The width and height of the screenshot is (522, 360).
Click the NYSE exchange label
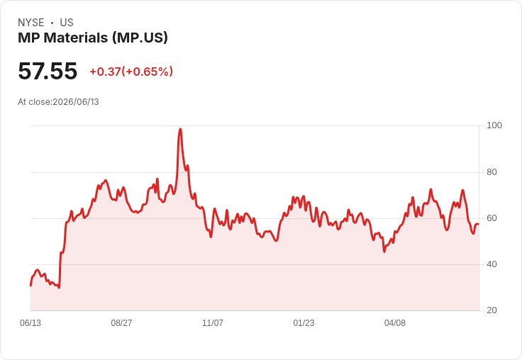31,23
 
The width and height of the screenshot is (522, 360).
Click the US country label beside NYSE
67,23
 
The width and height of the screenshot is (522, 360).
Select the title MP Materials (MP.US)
93,38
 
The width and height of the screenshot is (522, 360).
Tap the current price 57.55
48,71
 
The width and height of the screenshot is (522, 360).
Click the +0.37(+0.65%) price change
131,72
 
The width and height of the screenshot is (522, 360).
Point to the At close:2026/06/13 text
58,102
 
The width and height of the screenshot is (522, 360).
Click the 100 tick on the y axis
494,125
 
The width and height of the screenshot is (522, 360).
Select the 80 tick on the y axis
492,172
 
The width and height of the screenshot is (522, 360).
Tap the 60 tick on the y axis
492,218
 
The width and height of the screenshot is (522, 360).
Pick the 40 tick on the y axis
492,264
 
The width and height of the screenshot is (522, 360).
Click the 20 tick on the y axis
492,310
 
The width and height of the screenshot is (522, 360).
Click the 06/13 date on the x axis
30,323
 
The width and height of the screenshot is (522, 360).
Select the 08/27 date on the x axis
121,323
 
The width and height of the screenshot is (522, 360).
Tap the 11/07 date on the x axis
213,323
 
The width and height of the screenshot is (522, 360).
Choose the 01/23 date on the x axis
304,323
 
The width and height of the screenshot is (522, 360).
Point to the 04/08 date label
395,323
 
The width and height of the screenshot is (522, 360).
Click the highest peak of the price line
180,129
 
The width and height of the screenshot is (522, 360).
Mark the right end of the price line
479,224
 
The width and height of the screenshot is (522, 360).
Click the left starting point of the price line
30,286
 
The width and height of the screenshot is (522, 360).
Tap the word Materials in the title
76,38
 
